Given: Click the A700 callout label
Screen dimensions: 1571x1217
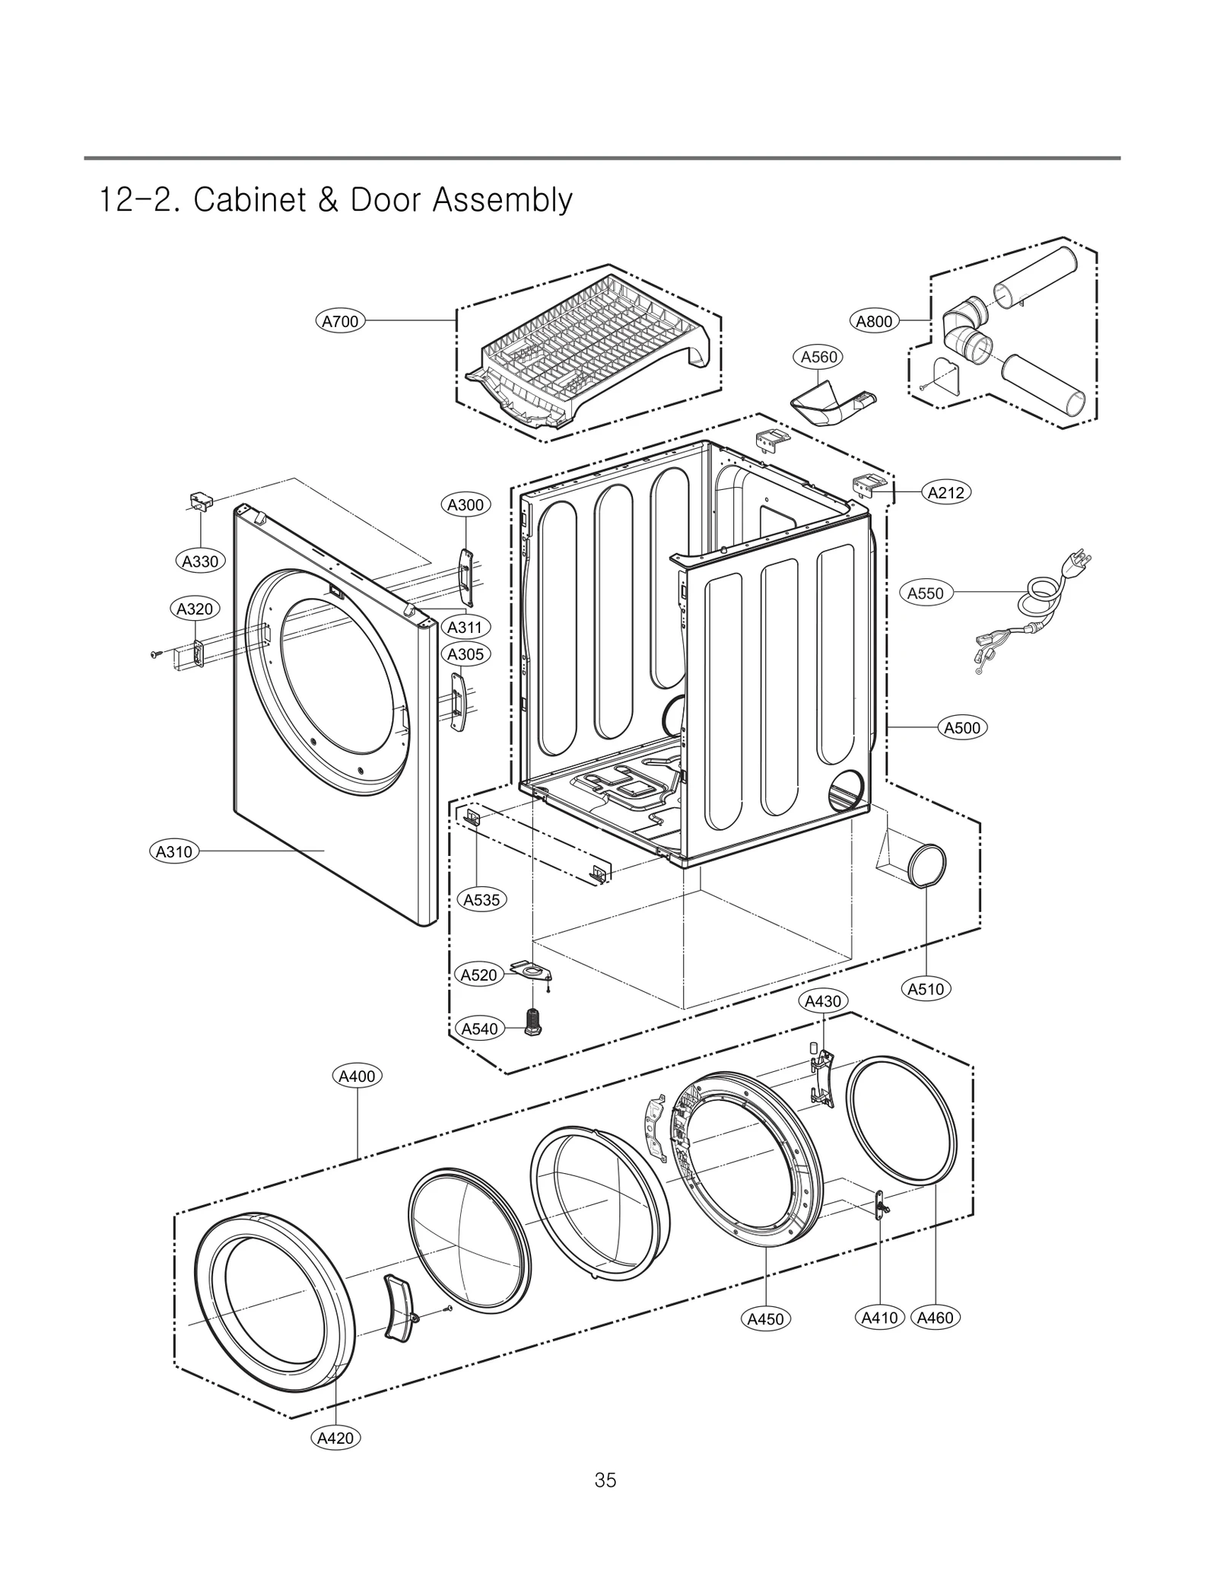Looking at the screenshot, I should (340, 321).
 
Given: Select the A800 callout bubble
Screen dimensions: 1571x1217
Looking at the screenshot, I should (874, 321).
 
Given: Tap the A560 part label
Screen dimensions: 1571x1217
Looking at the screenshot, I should (818, 357).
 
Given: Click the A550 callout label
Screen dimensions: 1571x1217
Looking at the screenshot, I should (925, 593).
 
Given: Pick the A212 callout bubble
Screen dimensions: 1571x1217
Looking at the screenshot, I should (946, 492).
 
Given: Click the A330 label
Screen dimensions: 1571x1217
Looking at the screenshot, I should (200, 561).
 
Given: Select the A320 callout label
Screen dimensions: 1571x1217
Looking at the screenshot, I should (195, 609).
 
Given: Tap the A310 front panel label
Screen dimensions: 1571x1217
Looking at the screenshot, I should (174, 851).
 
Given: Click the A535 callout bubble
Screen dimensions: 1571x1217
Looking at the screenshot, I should (481, 900).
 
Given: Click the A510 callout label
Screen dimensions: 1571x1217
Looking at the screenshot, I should (926, 989).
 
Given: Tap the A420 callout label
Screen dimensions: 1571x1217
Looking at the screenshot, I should (335, 1438).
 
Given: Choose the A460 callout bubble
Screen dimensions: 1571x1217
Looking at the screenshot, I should (935, 1318).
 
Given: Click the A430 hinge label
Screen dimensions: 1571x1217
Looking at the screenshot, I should (823, 1001).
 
